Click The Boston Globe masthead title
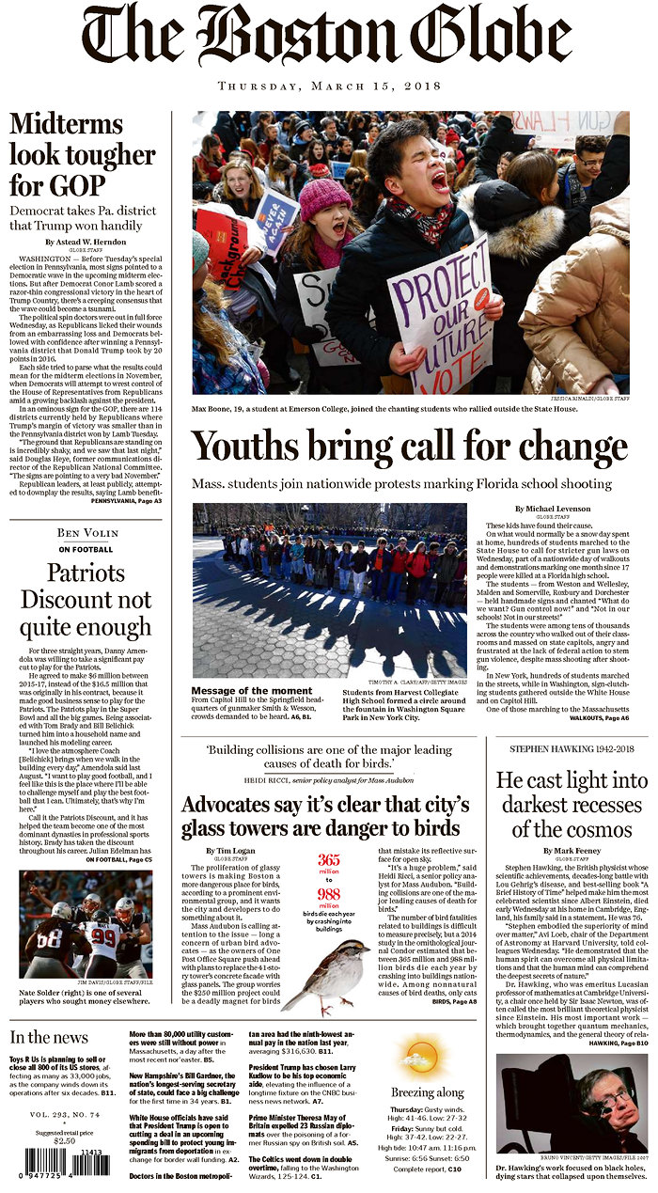click(x=329, y=38)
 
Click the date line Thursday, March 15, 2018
click(x=329, y=86)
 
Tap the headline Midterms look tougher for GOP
click(x=83, y=154)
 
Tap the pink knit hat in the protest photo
click(x=324, y=198)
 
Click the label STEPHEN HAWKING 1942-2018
click(x=572, y=748)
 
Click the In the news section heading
click(x=50, y=1036)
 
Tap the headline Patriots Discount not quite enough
click(x=86, y=601)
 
